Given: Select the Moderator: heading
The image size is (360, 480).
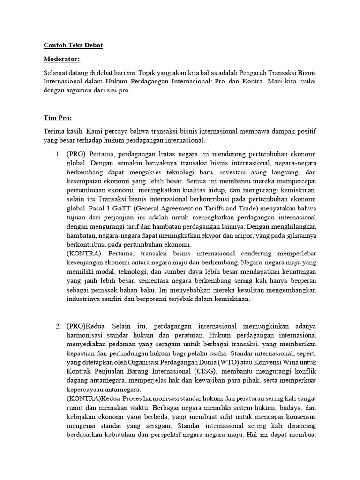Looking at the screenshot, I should [62, 60].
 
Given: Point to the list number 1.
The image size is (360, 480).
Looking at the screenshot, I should [58, 154].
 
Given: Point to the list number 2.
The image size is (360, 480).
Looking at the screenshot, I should [58, 326].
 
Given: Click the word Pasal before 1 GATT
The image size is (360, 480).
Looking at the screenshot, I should [92, 209].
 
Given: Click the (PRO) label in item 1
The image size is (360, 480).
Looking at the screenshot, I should [76, 154].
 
